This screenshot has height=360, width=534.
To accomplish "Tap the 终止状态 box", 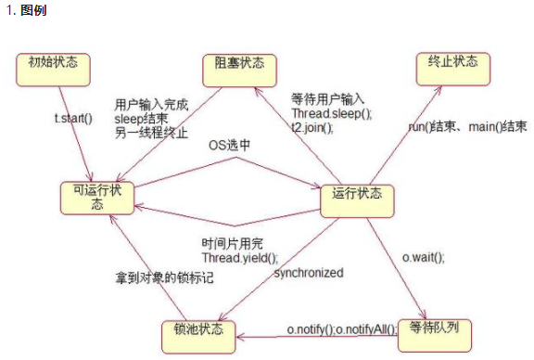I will coord(452,64).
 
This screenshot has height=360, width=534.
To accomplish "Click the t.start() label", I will coord(74,119).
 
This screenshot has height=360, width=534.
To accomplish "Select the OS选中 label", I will coord(229,146).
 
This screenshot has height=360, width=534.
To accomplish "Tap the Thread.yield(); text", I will coord(239,259).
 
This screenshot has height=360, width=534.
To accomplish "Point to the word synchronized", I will coord(309,274).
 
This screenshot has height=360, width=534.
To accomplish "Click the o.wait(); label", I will coord(423,256).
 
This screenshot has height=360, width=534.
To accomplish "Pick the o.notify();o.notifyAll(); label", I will coord(341,329).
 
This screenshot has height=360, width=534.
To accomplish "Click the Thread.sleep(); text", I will coord(331,113).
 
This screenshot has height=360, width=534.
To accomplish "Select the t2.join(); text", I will coord(311,127).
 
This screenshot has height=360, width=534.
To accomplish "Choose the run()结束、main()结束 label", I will coord(468,126).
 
